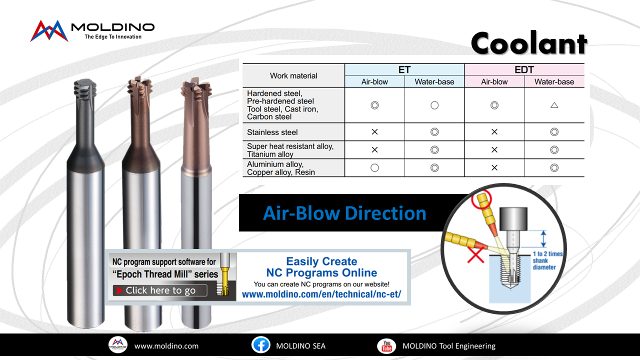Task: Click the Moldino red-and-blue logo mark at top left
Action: [49, 31]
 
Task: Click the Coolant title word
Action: [529, 43]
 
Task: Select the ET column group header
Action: [404, 69]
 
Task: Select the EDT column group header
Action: [524, 69]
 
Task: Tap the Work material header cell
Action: [293, 75]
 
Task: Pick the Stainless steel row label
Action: [272, 132]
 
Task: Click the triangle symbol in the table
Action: [554, 105]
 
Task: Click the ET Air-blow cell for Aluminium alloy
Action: [374, 167]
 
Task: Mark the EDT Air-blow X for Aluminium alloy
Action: [494, 167]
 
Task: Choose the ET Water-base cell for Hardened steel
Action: [434, 105]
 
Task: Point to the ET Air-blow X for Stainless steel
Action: [374, 131]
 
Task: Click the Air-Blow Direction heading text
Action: [344, 213]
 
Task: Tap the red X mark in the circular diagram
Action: [475, 254]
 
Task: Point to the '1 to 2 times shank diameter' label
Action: [547, 260]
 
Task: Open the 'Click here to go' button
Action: [160, 290]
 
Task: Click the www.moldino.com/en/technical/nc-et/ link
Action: [321, 294]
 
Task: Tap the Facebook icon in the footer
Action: [260, 345]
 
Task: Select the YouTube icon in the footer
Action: [386, 345]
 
